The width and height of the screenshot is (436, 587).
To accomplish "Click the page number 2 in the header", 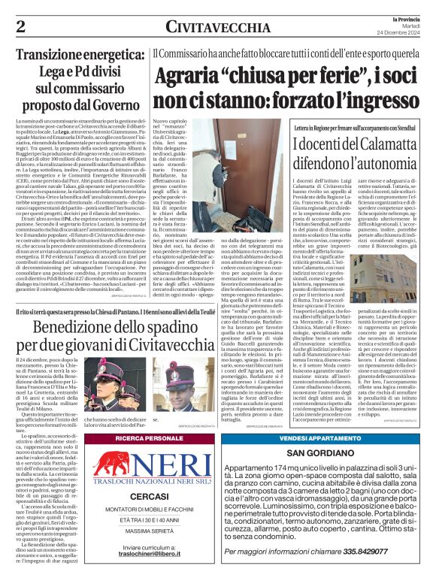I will click(x=20, y=27).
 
